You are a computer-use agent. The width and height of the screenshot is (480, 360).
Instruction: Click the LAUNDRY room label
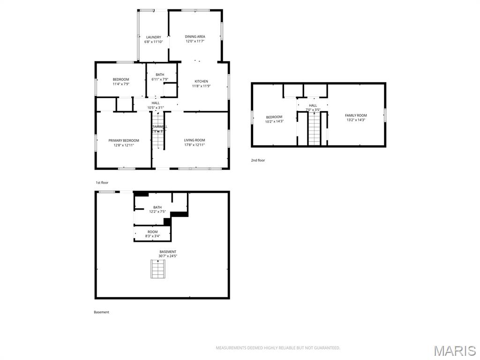pos(153,37)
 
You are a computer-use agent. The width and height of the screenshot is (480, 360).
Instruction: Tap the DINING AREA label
pos(195,37)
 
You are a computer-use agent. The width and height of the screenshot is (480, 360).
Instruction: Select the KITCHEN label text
pos(201,82)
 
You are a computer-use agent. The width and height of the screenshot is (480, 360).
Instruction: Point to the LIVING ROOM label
pos(194,140)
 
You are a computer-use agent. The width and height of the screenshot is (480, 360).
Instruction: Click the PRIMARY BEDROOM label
pos(124,141)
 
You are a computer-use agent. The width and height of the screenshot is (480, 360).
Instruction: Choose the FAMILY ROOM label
pos(356,115)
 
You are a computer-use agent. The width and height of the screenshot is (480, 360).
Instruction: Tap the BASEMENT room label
pos(168,252)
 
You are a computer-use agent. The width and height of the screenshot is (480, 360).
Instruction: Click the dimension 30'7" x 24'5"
pos(168,256)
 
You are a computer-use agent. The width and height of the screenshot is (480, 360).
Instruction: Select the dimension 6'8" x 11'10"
pos(153,42)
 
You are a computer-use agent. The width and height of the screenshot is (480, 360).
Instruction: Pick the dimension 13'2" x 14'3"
pos(356,120)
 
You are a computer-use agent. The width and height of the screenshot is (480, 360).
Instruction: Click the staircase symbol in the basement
pos(158,269)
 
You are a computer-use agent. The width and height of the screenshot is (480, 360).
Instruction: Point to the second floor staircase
pos(314,129)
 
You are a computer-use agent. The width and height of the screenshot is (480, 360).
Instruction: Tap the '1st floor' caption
pos(102,183)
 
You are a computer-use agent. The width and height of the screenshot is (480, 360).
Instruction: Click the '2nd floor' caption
pos(258,160)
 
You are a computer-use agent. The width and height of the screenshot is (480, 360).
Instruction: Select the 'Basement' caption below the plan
pos(101,312)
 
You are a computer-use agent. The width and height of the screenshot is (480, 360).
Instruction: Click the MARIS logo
pos(454,351)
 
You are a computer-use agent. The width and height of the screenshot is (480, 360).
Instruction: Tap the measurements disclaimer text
pos(277,348)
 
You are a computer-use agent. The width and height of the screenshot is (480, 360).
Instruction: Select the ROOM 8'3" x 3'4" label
pos(153,234)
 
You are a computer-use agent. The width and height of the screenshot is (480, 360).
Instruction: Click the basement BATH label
pos(157,208)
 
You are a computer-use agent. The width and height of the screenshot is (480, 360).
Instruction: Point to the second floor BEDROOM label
pos(274,117)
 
